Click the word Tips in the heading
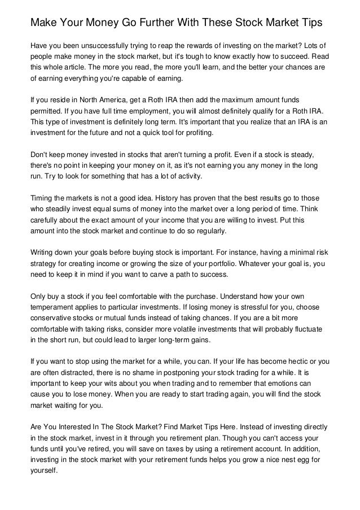[x=310, y=23]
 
